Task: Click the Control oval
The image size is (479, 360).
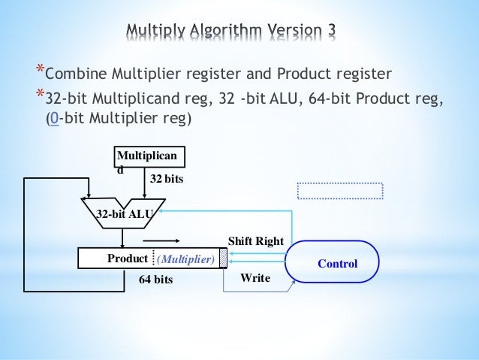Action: click(337, 264)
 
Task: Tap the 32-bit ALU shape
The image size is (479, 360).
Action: click(122, 213)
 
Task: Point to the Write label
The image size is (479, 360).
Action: click(254, 278)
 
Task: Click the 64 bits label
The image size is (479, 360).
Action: click(156, 280)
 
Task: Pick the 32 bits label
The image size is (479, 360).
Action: click(166, 179)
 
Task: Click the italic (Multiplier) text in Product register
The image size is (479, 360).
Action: click(185, 259)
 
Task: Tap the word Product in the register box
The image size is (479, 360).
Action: click(128, 259)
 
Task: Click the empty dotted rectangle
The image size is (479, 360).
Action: click(340, 191)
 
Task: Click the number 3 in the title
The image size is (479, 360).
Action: click(330, 31)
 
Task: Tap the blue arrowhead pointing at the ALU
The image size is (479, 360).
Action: click(160, 212)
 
